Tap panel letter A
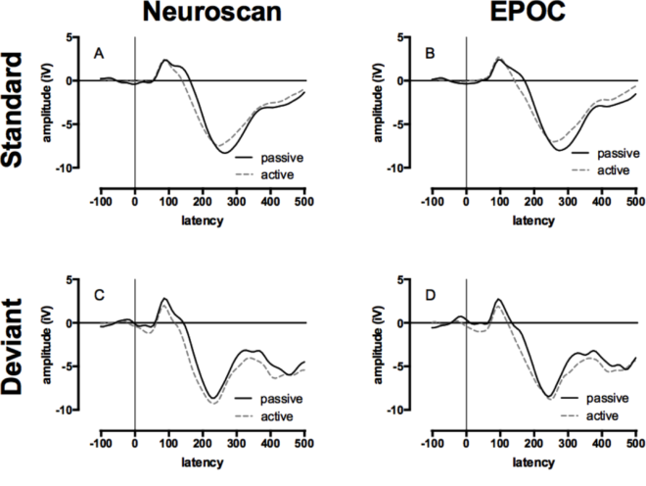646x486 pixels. pos(98,53)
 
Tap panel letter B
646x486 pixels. pos(430,53)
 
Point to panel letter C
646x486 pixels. pos(98,295)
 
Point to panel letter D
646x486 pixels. pos(430,295)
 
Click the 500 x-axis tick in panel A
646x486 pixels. pos(304,201)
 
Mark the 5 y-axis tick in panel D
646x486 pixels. pos(419,280)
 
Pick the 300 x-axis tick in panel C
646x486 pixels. pos(236,443)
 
